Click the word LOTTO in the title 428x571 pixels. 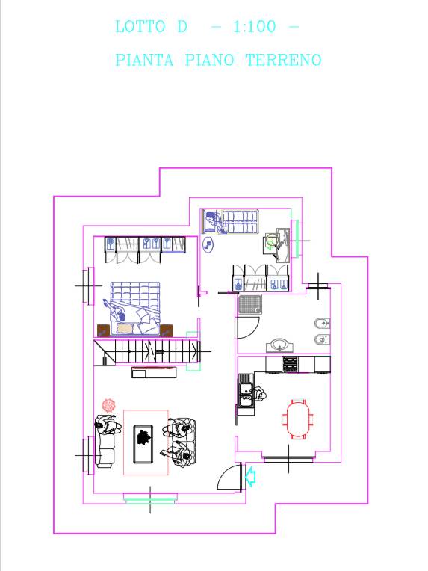point(140,27)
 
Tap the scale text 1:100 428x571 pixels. point(255,27)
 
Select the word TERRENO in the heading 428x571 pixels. point(284,60)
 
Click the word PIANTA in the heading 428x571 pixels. point(144,60)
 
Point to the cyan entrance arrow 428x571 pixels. point(250,477)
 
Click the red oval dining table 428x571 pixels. point(298,419)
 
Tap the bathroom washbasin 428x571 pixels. point(279,344)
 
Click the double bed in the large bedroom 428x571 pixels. point(135,308)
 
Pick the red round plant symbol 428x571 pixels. point(108,405)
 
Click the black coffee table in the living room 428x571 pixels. point(143,444)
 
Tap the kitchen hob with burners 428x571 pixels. point(290,364)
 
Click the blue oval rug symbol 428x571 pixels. point(208,245)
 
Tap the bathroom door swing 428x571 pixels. point(247,328)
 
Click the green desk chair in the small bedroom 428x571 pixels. point(270,241)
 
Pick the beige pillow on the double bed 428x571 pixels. point(125,328)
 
